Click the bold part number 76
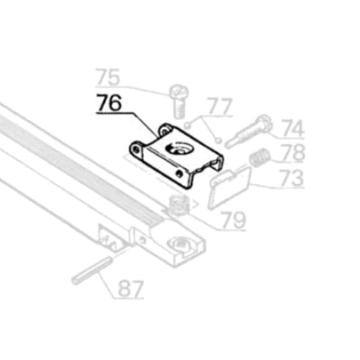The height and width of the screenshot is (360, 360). pyautogui.click(x=109, y=102)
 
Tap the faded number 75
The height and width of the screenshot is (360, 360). pyautogui.click(x=108, y=77)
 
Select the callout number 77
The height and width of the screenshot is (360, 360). pyautogui.click(x=219, y=106)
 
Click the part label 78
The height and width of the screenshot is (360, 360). pyautogui.click(x=293, y=153)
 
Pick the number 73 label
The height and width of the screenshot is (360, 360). pyautogui.click(x=292, y=178)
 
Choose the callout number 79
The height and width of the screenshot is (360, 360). pyautogui.click(x=234, y=220)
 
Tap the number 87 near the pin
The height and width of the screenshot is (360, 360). pyautogui.click(x=131, y=289)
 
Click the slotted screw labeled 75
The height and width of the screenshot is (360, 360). pyautogui.click(x=178, y=101)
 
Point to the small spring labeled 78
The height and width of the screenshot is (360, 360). pyautogui.click(x=259, y=158)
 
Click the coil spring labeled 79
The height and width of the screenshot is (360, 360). pyautogui.click(x=178, y=205)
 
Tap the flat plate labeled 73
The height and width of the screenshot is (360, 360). pyautogui.click(x=230, y=188)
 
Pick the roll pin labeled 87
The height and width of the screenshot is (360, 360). pyautogui.click(x=92, y=271)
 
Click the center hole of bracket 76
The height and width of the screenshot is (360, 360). pyautogui.click(x=178, y=149)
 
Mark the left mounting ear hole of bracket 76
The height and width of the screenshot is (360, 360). pyautogui.click(x=136, y=149)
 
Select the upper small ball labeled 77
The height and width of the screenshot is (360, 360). pyautogui.click(x=187, y=125)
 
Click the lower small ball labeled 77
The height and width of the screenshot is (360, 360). pyautogui.click(x=218, y=141)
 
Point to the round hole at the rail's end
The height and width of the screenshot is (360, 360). pyautogui.click(x=180, y=242)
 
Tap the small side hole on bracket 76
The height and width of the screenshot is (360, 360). pyautogui.click(x=178, y=173)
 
